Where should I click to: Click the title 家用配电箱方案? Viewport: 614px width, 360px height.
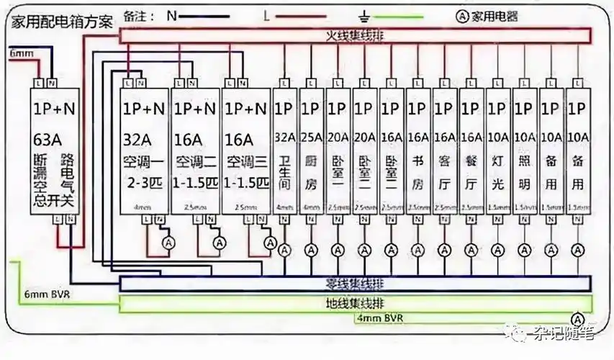(x=60, y=21)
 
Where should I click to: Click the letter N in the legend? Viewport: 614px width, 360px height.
(x=171, y=14)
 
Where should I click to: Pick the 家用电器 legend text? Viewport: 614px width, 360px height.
(x=497, y=14)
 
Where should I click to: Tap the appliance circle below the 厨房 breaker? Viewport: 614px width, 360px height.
(x=311, y=250)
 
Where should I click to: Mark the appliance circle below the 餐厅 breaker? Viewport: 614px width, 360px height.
(x=471, y=250)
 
